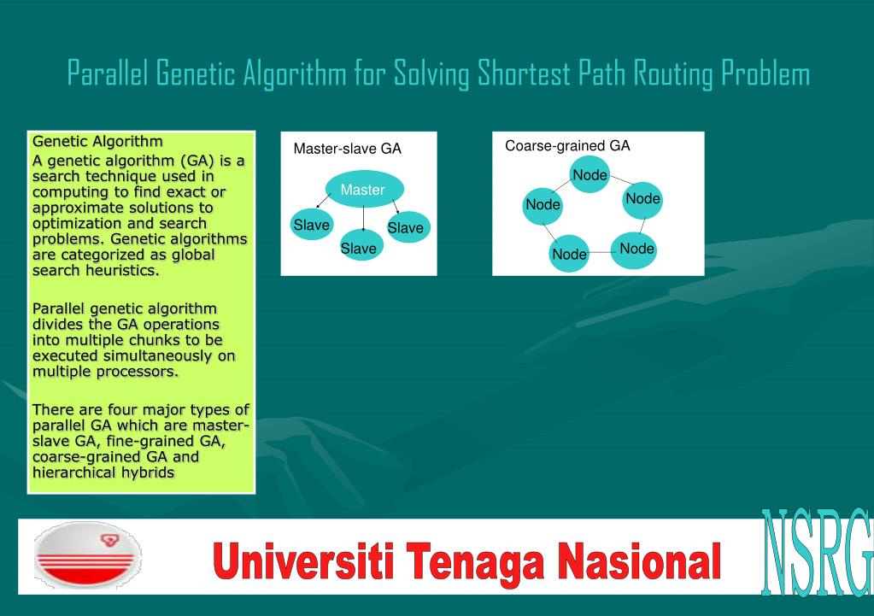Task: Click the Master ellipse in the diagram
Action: pos(364,189)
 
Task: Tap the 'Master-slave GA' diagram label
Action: pos(347,149)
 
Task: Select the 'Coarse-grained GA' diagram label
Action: pos(567,146)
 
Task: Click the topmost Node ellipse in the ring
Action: pos(590,174)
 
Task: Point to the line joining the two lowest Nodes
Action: pos(601,253)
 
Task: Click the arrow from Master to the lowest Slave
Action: pos(363,219)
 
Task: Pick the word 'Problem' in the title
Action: pos(765,73)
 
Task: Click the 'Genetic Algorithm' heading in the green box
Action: pos(97,142)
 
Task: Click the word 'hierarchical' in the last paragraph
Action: pos(69,472)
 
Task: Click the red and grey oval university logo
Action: pos(87,555)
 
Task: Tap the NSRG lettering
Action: pos(817,553)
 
